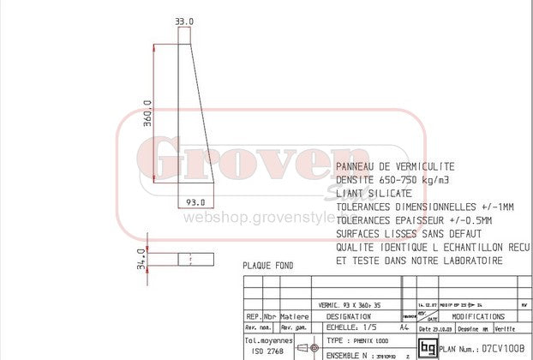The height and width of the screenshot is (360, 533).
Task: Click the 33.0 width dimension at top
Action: [185, 21]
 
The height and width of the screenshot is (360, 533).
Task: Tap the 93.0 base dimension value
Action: [196, 201]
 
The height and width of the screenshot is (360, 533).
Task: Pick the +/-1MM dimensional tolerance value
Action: [493, 207]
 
